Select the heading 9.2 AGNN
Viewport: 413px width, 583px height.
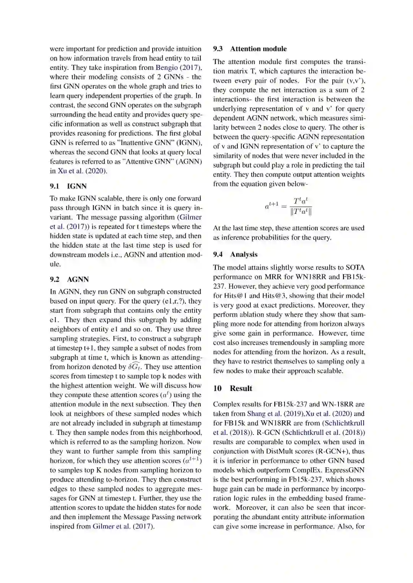tap(69, 279)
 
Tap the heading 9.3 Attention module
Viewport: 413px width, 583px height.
tap(250, 49)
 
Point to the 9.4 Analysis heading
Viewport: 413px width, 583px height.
tap(235, 255)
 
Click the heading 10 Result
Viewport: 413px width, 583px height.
tap(233, 389)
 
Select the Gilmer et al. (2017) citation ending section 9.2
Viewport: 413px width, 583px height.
tap(123, 526)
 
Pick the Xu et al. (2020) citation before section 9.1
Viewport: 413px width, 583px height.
tap(82, 171)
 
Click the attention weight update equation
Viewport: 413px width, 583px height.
tap(289, 207)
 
